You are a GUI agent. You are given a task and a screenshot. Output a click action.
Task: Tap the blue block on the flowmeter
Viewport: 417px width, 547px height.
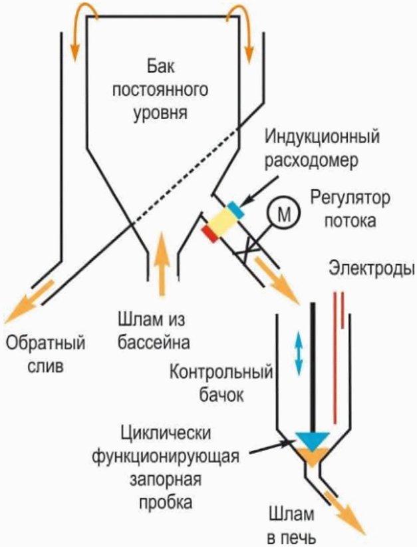click(x=235, y=210)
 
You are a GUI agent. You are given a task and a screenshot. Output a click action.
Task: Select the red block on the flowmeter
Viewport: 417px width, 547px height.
click(x=210, y=234)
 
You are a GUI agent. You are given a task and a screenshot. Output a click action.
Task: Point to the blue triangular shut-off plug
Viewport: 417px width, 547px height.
click(x=313, y=441)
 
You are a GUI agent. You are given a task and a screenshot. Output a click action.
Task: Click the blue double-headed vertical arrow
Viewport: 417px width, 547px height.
click(x=299, y=353)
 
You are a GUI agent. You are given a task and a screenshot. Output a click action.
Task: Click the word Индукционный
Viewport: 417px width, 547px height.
click(x=322, y=137)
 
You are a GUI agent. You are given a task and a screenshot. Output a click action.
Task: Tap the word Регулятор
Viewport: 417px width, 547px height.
click(x=350, y=198)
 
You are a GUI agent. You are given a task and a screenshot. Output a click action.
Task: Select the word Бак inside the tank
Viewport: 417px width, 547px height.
click(x=161, y=66)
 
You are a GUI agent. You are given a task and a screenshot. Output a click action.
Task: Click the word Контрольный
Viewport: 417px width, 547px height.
click(x=221, y=373)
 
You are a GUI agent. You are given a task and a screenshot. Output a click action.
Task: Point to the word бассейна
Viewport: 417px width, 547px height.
click(x=154, y=343)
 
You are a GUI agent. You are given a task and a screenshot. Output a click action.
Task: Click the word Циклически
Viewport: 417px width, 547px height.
click(x=166, y=434)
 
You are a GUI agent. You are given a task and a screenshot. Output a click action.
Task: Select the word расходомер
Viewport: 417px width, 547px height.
click(x=311, y=161)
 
